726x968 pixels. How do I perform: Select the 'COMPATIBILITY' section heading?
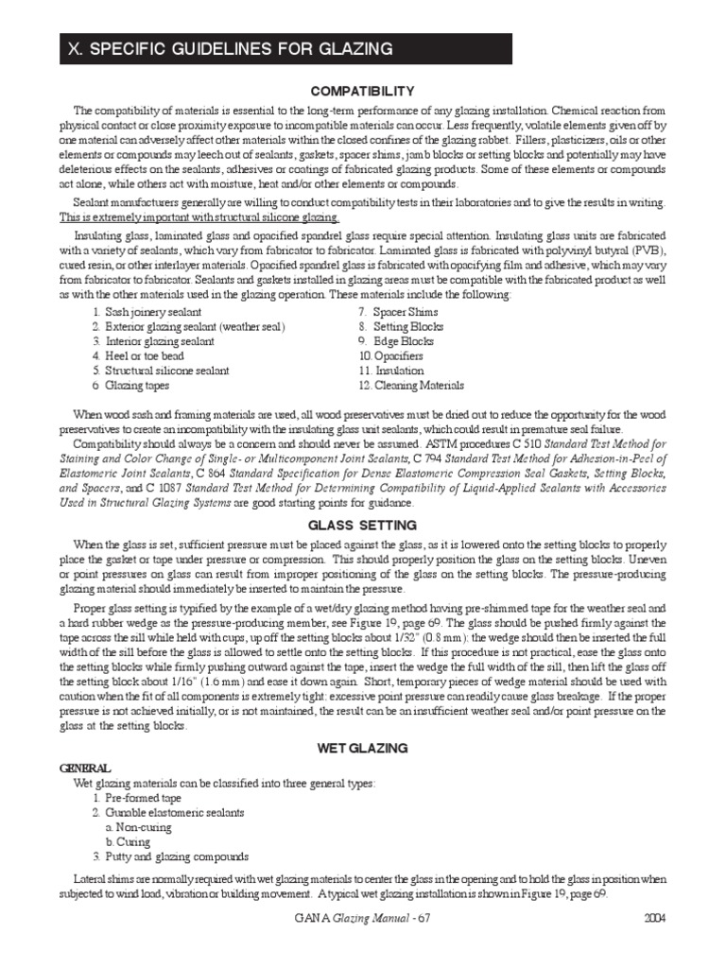click(x=363, y=91)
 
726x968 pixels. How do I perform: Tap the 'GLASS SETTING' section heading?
click(x=363, y=525)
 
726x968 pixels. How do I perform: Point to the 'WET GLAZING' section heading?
click(x=363, y=748)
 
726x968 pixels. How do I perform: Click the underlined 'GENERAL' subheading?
click(x=84, y=769)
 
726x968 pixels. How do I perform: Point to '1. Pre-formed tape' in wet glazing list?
click(x=137, y=798)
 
